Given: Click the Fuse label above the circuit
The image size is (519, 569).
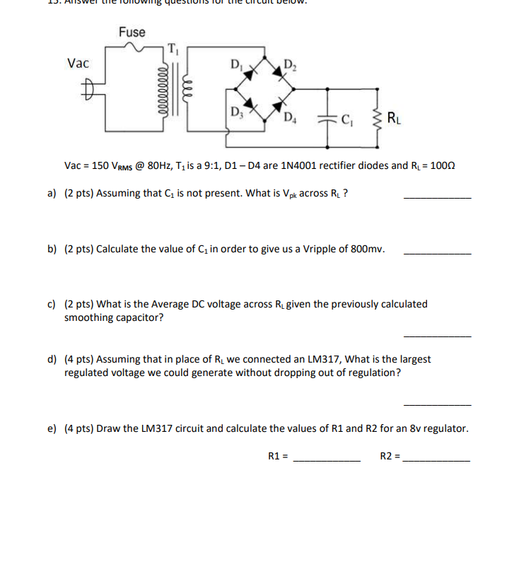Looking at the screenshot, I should click(132, 32).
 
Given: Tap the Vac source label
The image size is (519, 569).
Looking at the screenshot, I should click(78, 64).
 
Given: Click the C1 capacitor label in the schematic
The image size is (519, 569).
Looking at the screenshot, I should click(348, 118).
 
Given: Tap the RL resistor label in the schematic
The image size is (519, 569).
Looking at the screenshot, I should click(396, 117).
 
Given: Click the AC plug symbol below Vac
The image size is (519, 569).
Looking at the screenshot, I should click(86, 90).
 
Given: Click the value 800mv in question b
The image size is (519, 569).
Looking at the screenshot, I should click(368, 250).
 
